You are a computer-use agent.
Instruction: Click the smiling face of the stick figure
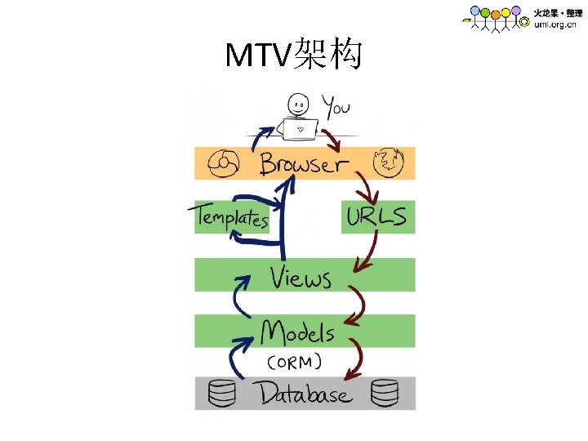pos(299,105)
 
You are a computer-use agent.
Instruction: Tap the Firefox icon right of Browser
pos(387,163)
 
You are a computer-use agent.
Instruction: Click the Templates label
pos(231,217)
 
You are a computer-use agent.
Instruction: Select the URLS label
pos(376,217)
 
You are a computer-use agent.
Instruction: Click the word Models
pos(297,332)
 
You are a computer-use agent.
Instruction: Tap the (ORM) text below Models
pos(294,361)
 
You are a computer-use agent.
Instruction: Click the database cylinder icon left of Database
pos(221,394)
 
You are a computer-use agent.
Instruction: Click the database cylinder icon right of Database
pos(384,394)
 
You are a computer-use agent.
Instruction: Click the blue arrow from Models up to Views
pos(239,298)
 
